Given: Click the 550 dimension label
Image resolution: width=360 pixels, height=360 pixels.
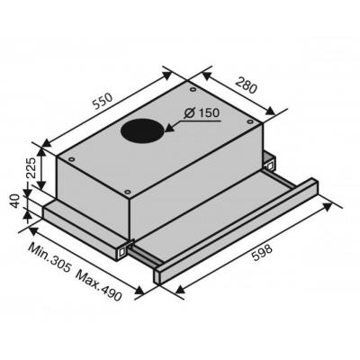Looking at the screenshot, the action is [x=103, y=101].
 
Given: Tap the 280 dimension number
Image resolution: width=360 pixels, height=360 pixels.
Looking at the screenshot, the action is [x=246, y=85].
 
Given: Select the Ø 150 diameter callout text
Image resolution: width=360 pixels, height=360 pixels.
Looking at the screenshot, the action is [x=202, y=113].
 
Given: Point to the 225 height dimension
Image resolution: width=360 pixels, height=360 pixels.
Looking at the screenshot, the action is [x=31, y=167].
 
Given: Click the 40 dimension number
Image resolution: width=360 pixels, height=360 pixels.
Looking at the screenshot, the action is [x=15, y=201].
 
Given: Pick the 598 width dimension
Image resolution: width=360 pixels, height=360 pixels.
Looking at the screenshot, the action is [x=262, y=253].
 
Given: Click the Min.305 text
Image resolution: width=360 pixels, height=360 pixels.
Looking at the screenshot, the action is [x=49, y=257].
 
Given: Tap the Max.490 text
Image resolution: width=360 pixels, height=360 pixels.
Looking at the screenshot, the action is [x=99, y=282].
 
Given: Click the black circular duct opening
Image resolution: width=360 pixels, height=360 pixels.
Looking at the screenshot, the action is [x=143, y=130].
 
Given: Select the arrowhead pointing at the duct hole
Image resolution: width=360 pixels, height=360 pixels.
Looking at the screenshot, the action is [x=170, y=128].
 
